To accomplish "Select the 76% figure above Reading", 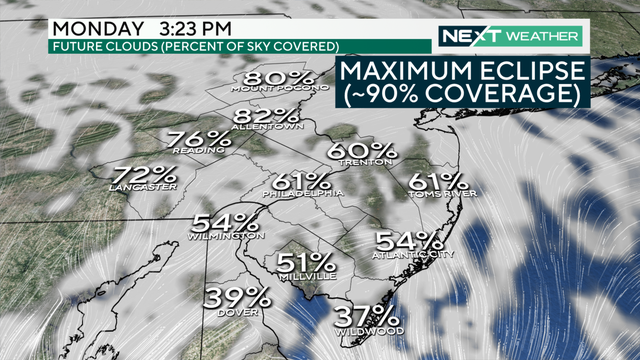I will pyautogui.click(x=198, y=140).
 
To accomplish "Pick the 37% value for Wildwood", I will pyautogui.click(x=369, y=314).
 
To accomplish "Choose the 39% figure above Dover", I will pyautogui.click(x=238, y=297).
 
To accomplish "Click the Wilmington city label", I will pyautogui.click(x=227, y=236).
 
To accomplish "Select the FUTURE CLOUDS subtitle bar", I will pyautogui.click(x=195, y=46).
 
